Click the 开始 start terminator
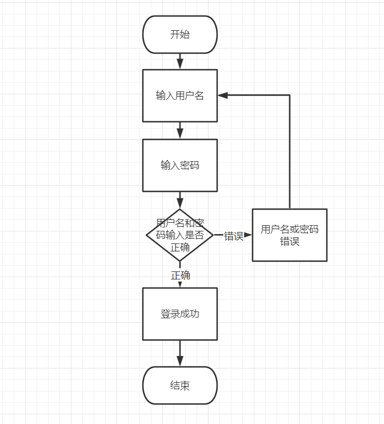[180, 34]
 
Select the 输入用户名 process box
[180, 95]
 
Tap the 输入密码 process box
[180, 165]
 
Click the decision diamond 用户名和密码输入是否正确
[180, 235]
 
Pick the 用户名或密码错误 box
[290, 235]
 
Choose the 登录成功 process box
[180, 314]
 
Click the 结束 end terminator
[180, 386]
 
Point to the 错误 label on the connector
[233, 236]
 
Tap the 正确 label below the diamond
[181, 275]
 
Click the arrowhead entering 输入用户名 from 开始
[180, 63]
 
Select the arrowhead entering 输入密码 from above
[180, 133]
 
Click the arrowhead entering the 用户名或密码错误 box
[248, 235]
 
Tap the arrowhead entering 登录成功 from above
[180, 284]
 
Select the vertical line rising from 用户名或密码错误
[290, 154]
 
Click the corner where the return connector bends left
[290, 95]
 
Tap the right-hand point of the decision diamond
[213, 235]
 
